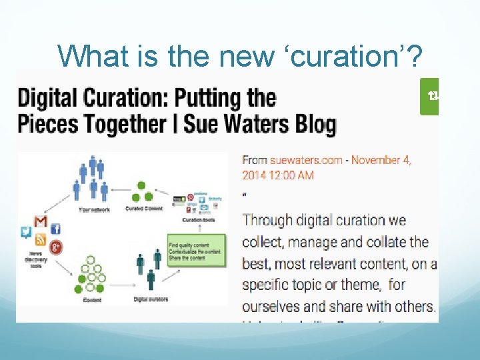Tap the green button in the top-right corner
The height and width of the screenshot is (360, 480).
(x=430, y=97)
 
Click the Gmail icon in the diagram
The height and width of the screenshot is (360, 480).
(x=41, y=221)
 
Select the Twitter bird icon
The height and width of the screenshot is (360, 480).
(x=26, y=232)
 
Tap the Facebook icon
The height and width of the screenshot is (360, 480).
(x=56, y=229)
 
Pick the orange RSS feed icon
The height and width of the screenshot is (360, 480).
(x=40, y=240)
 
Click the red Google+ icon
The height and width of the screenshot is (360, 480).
(x=57, y=246)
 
